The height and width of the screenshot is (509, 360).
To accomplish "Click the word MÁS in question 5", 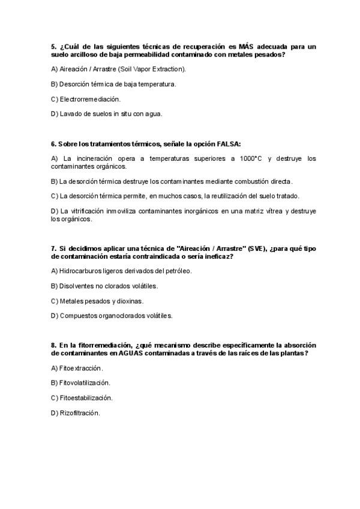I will point(246,46).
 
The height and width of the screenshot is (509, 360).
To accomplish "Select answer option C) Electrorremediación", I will point(86,98).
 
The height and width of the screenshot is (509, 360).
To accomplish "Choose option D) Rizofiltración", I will point(76,413).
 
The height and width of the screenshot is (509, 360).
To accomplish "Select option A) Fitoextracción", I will point(77,367).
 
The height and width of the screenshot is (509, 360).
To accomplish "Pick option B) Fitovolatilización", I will point(81,382).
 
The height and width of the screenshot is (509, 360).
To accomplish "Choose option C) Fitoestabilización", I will point(82,398).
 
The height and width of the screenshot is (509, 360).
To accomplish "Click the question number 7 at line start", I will point(53,248).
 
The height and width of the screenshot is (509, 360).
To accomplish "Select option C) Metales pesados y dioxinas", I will point(97,301).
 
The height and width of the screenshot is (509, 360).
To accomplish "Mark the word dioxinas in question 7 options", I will point(130,301).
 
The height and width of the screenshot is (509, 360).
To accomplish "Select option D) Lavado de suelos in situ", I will point(107,113).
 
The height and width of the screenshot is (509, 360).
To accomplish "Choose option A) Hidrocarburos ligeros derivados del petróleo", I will point(122,271).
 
